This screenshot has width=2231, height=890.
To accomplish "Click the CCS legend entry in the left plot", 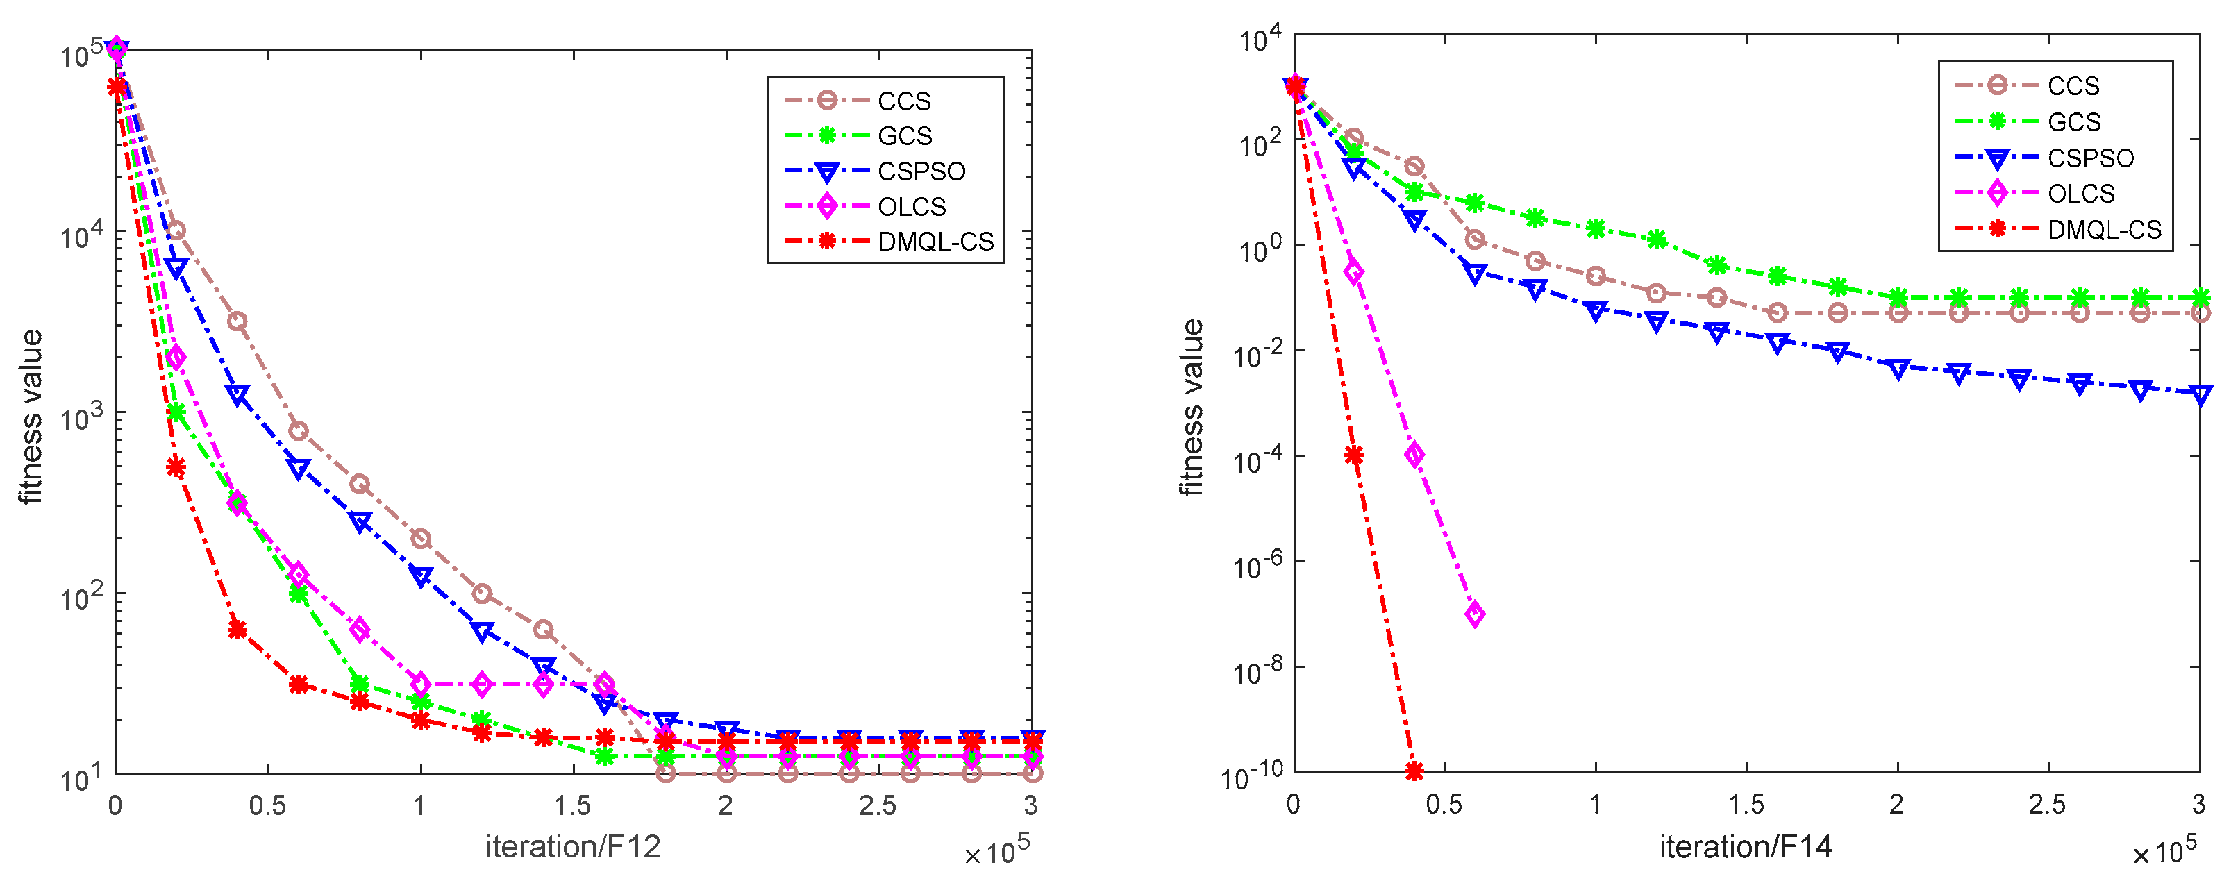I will tap(903, 101).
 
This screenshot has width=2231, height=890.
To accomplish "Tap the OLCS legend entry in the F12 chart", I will tap(911, 207).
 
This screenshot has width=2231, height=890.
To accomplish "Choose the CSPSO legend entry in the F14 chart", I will tap(2090, 158).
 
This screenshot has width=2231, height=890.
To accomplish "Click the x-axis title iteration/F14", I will tap(1745, 847).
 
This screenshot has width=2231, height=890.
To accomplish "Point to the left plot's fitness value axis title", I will tap(31, 417).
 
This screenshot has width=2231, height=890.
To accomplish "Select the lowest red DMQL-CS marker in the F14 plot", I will tap(1414, 771).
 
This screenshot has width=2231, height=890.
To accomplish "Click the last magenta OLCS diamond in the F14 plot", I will tap(1474, 614).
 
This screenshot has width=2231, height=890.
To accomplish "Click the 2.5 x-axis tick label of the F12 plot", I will tap(877, 807).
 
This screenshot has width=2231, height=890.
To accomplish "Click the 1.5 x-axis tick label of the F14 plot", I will tap(1746, 805).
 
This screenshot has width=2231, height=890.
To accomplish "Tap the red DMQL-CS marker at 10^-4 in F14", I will tap(1353, 455).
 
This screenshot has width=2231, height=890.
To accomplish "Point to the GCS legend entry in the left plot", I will tap(904, 136).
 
